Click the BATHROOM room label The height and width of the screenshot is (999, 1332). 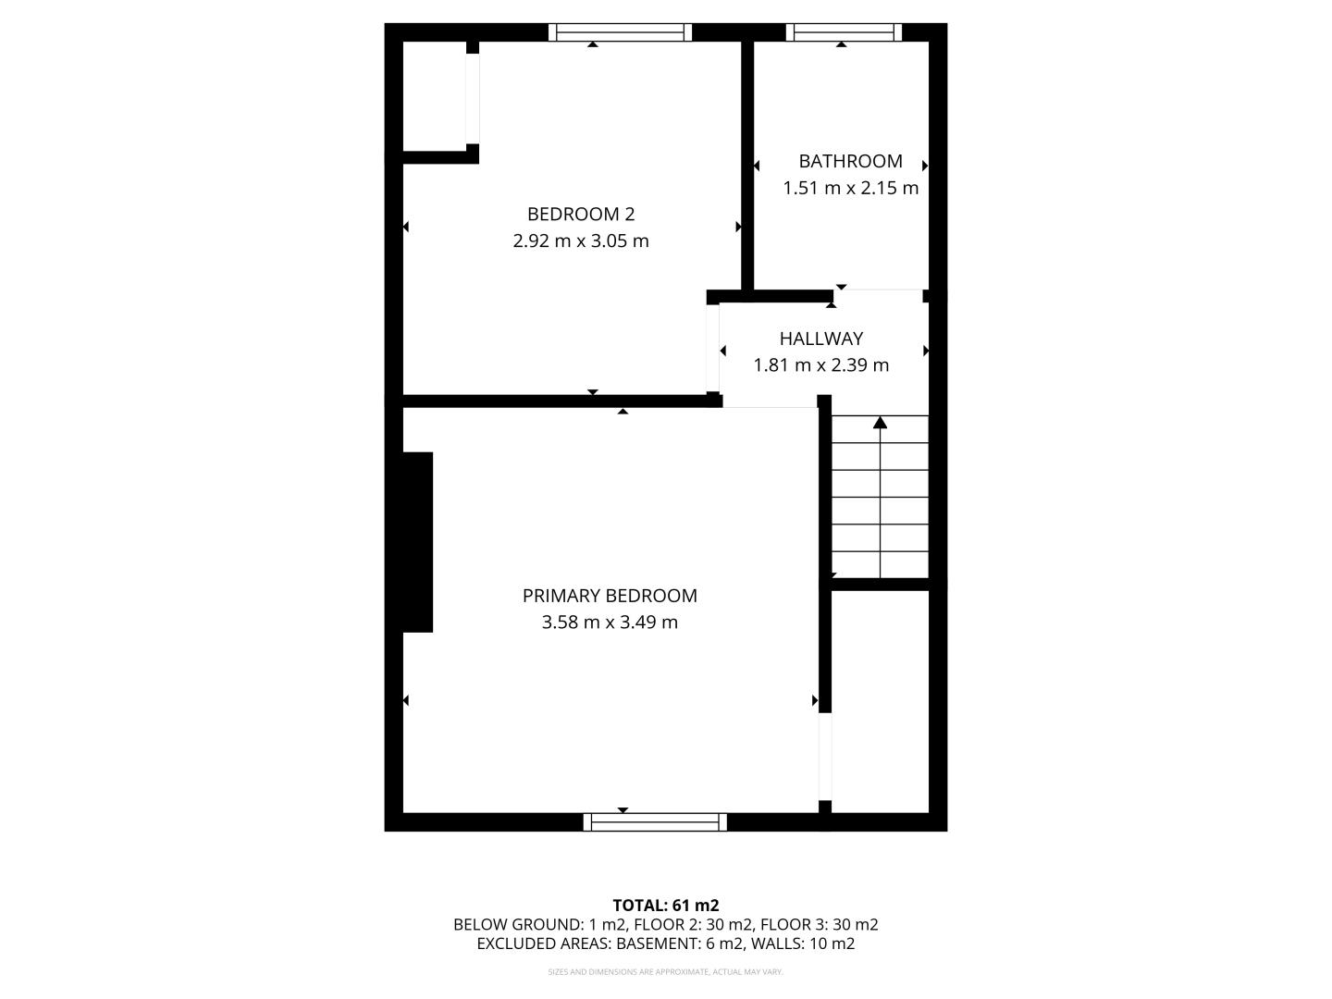tap(850, 161)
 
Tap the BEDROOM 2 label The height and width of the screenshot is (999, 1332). tap(581, 214)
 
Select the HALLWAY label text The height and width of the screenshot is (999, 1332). tap(821, 339)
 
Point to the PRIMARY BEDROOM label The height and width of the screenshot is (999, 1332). tap(610, 596)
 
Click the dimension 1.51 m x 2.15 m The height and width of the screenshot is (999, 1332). tap(850, 188)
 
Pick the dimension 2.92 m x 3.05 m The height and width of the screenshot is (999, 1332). tap(581, 240)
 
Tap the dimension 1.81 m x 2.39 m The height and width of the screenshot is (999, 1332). tap(821, 365)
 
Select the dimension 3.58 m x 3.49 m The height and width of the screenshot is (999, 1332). tap(610, 623)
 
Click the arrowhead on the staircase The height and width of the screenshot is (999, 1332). tap(880, 422)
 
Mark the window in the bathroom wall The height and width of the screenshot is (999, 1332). tap(844, 32)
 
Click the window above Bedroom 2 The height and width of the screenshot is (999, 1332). tap(620, 32)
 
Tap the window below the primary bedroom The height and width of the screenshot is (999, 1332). tap(655, 822)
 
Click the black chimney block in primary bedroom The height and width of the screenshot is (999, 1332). tap(417, 542)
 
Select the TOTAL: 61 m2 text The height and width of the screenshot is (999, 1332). tap(666, 906)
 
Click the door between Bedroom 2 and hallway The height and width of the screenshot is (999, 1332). tap(713, 348)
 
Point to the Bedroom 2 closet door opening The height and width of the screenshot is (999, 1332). tap(473, 99)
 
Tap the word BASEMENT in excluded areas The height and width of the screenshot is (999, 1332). tap(659, 943)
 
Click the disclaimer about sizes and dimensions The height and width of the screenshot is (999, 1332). tap(665, 971)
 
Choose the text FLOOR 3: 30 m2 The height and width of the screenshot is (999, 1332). tap(820, 925)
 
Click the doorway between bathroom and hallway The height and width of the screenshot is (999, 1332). tap(878, 296)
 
